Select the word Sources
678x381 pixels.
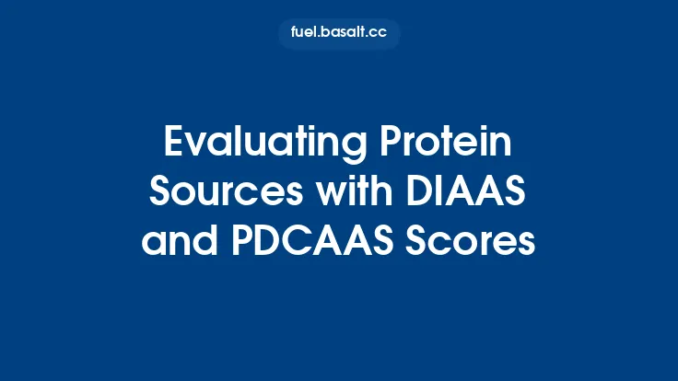point(210,193)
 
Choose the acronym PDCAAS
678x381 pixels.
point(307,244)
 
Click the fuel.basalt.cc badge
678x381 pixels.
point(339,33)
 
